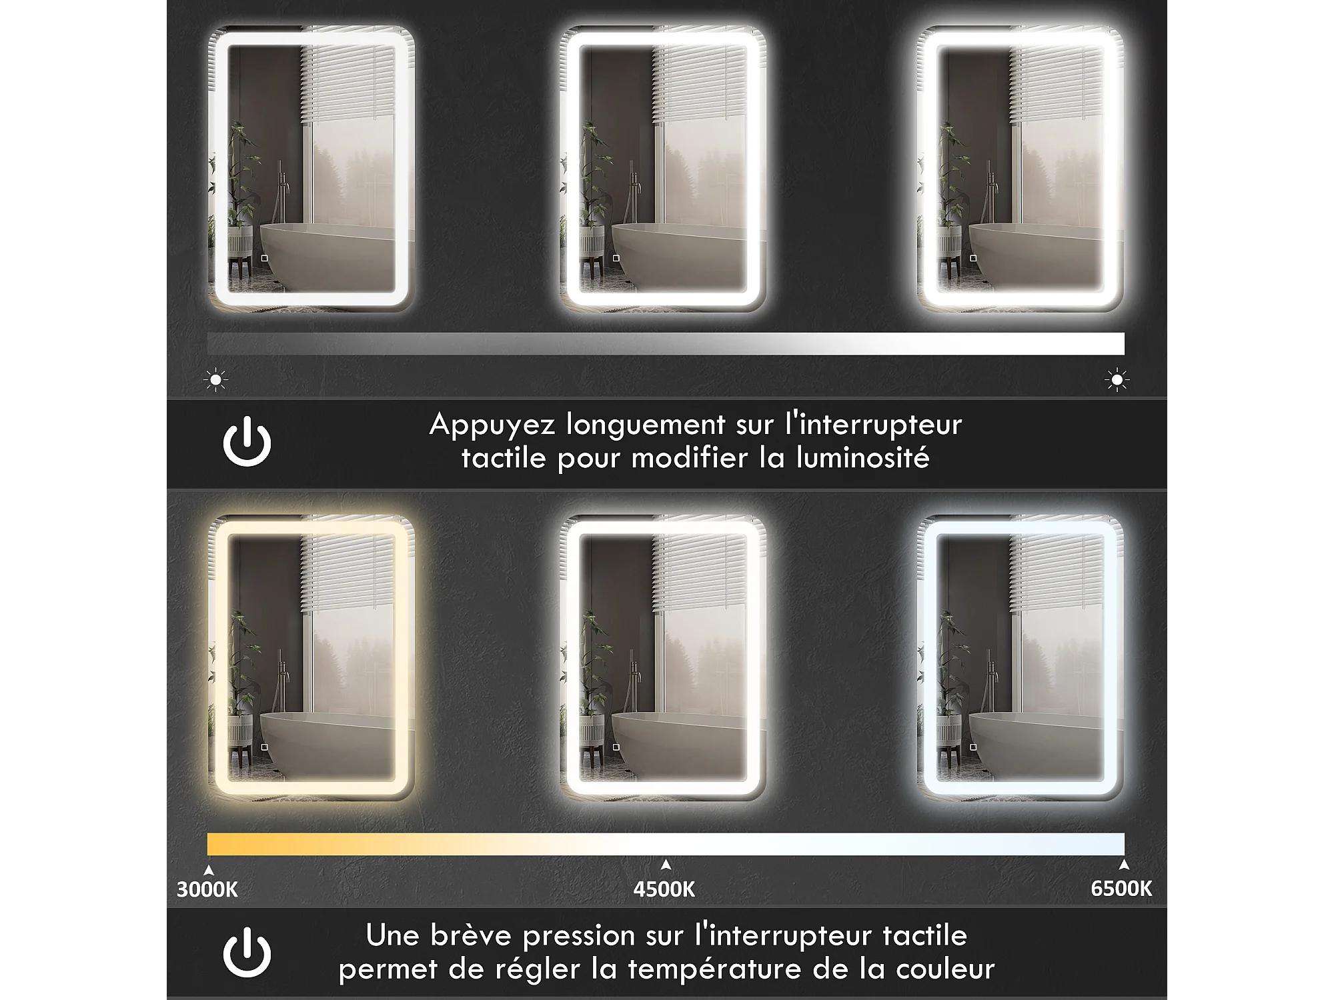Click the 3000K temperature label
pyautogui.click(x=207, y=889)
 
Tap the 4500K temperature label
pyautogui.click(x=664, y=889)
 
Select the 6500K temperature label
pyautogui.click(x=1121, y=889)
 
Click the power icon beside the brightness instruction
pyautogui.click(x=247, y=441)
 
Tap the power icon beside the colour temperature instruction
pyautogui.click(x=247, y=952)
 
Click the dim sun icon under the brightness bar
pyautogui.click(x=215, y=380)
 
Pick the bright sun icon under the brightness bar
pyautogui.click(x=1117, y=380)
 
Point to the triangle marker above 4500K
pyautogui.click(x=666, y=865)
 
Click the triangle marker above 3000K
pyautogui.click(x=209, y=870)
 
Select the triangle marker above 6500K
pyautogui.click(x=1125, y=865)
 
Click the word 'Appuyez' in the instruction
pyautogui.click(x=492, y=425)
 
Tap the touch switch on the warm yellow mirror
pyautogui.click(x=265, y=747)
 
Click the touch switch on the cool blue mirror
pyautogui.click(x=973, y=747)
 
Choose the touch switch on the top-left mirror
pyautogui.click(x=265, y=258)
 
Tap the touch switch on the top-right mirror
pyautogui.click(x=973, y=258)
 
